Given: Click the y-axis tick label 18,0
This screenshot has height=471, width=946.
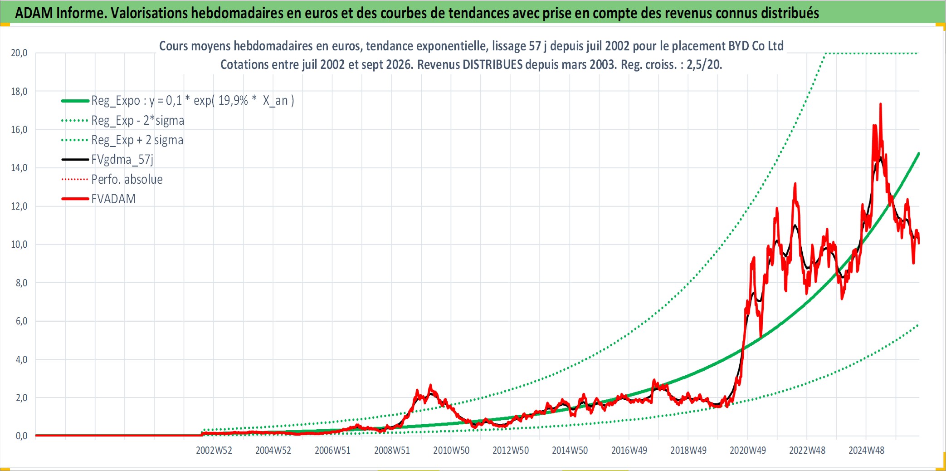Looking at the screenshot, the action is point(19,91).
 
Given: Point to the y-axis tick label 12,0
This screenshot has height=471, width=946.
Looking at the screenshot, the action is point(19,206).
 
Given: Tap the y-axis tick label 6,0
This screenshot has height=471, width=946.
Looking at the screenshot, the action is point(21,321).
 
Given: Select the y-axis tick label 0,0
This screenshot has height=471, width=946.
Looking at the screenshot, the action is point(21,436).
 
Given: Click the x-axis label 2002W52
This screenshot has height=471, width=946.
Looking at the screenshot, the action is point(214,450).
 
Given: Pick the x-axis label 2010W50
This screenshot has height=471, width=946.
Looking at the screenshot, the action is point(451,450).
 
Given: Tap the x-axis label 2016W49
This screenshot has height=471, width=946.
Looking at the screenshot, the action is point(629,450).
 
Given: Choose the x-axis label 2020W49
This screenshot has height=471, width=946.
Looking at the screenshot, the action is point(748,450).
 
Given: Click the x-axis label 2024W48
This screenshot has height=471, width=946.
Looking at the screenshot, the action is point(867,450).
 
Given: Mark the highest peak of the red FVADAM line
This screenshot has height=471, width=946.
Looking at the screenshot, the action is point(881,104).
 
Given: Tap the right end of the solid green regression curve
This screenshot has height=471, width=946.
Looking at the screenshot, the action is point(919,153).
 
